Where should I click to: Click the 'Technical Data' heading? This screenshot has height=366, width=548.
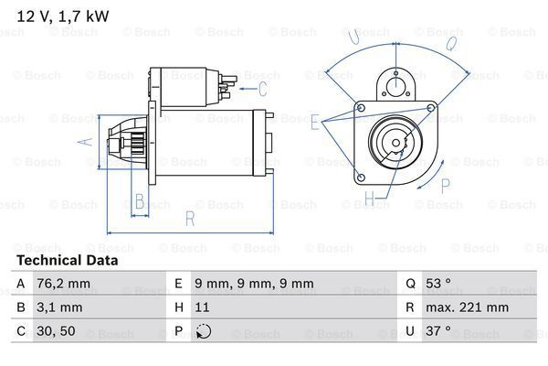[x=68, y=260]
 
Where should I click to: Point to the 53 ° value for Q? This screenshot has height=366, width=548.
[x=440, y=284]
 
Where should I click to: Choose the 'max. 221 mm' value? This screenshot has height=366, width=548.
[x=468, y=307]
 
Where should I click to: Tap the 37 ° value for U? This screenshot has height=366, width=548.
[x=440, y=331]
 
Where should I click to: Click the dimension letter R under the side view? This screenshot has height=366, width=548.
[x=190, y=219]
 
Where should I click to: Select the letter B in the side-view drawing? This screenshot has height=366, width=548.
[x=139, y=201]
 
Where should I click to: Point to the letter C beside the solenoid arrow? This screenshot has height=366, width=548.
[x=263, y=89]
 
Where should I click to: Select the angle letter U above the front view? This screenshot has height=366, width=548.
[x=353, y=37]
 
